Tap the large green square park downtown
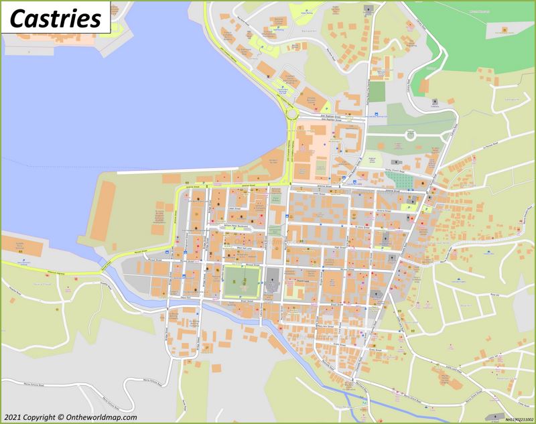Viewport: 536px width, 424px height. (x=241, y=280)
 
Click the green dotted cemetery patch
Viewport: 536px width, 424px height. (x=401, y=163)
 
